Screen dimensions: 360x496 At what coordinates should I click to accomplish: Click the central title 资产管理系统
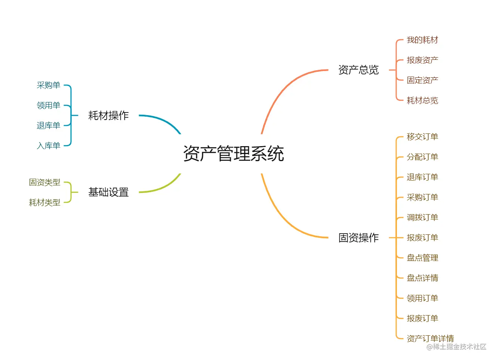click(x=234, y=154)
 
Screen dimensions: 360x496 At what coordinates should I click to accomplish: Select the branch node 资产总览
click(x=358, y=70)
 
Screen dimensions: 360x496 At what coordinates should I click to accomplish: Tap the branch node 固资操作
click(x=358, y=238)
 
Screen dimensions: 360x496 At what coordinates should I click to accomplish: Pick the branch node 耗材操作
click(x=108, y=116)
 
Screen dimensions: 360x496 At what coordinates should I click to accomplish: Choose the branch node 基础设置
click(x=108, y=192)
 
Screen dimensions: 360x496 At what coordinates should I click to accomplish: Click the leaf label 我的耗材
click(x=422, y=40)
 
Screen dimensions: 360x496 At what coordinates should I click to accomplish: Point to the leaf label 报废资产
click(x=422, y=60)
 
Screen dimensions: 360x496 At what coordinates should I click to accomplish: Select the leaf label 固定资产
click(x=422, y=80)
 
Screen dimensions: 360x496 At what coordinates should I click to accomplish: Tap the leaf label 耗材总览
click(x=422, y=101)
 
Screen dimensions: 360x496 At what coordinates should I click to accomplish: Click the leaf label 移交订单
click(x=422, y=137)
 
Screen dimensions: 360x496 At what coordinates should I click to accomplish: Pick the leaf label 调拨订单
click(x=422, y=218)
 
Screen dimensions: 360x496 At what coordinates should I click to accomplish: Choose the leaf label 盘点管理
click(x=422, y=258)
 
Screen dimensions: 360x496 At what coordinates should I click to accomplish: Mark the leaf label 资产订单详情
click(x=430, y=338)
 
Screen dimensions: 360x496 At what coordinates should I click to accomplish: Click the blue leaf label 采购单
click(x=49, y=85)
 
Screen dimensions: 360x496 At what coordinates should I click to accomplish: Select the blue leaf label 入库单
click(x=49, y=146)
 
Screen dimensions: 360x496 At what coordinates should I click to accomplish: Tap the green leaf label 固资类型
click(x=44, y=182)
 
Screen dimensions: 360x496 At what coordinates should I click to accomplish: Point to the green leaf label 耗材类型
click(x=44, y=203)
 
